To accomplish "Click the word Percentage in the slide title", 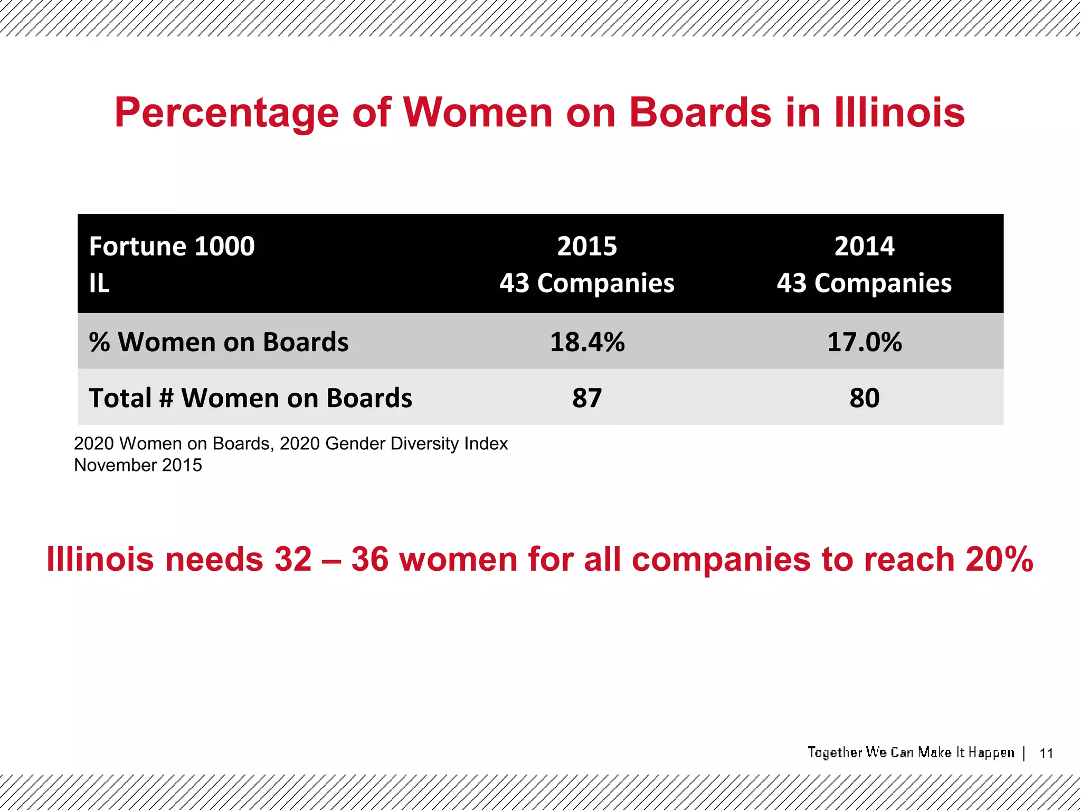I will click(226, 113).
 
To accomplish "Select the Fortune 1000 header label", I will click(172, 247).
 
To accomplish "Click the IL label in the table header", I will click(99, 284).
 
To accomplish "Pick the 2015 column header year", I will click(587, 247).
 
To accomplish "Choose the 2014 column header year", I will click(865, 247).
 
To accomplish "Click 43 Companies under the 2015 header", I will click(587, 284).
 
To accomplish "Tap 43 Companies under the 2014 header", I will click(865, 284).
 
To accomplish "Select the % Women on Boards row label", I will click(219, 342).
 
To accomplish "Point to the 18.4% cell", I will click(587, 342).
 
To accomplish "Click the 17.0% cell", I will click(865, 342).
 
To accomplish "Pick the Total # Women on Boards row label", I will click(250, 398).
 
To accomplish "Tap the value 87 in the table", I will click(587, 398).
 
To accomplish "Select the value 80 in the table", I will click(865, 398).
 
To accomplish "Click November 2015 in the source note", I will click(138, 465).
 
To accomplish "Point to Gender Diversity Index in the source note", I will click(416, 444).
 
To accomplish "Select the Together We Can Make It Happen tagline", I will click(911, 752).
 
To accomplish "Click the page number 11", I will click(1046, 753).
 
